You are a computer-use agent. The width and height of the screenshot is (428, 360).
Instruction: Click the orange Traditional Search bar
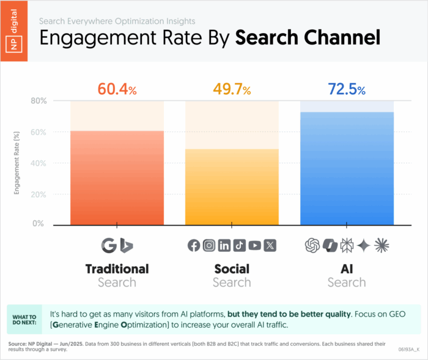tap(117, 178)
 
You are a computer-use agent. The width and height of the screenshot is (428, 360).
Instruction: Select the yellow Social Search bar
tap(232, 187)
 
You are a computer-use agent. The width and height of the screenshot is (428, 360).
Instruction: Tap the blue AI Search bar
tap(347, 169)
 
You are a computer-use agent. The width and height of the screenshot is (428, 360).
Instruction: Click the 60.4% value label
tap(117, 89)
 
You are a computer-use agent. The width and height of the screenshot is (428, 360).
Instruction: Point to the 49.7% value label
tap(232, 89)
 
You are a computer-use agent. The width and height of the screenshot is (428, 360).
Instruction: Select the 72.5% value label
tap(347, 89)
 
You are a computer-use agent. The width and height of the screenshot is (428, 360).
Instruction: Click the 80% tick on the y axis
tap(39, 101)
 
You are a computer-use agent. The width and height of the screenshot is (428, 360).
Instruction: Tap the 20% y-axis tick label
tap(39, 194)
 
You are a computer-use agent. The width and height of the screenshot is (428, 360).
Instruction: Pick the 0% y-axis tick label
tap(38, 223)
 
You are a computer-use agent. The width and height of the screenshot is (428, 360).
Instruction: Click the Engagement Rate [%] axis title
tap(17, 163)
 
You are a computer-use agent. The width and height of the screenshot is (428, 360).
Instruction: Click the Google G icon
tap(109, 245)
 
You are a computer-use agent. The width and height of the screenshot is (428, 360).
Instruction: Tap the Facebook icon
tap(194, 245)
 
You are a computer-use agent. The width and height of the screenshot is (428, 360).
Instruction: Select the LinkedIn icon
tap(224, 245)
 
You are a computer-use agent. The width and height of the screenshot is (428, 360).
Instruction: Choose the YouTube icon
tap(255, 245)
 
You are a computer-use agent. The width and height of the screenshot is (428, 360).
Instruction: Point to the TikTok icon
tap(240, 245)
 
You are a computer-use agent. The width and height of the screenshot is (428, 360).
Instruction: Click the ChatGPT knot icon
tap(312, 245)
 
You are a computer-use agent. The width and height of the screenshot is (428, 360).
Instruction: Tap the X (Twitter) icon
tap(270, 245)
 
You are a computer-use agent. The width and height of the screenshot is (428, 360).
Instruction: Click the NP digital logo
tap(14, 31)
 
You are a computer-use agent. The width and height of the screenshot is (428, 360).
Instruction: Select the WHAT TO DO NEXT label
tap(24, 320)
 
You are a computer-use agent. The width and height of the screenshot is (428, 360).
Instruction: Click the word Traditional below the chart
tap(117, 269)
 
